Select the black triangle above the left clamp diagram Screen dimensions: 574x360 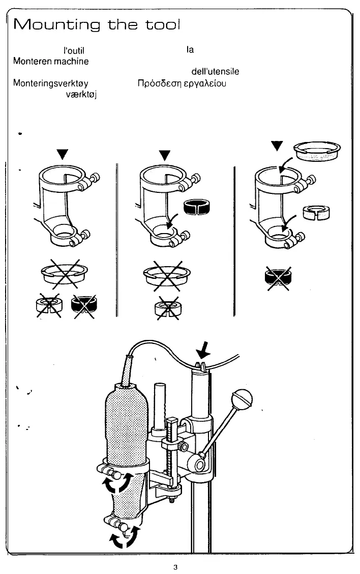click(x=62, y=153)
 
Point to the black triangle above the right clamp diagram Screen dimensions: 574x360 click(x=277, y=145)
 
